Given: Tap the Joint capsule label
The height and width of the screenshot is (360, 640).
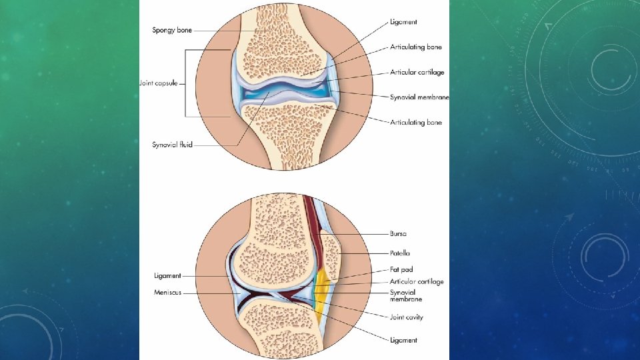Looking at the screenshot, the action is [x=159, y=83].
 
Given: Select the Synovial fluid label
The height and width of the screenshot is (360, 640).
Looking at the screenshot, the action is [x=173, y=145].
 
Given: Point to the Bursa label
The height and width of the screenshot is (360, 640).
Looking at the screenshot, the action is [x=399, y=234].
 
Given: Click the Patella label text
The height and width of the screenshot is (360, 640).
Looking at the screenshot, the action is [x=400, y=253].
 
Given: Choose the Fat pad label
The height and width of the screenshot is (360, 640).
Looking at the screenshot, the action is [x=401, y=270].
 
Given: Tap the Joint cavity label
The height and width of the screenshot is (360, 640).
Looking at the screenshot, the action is [x=406, y=317].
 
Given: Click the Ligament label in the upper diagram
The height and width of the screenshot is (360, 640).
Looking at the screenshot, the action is [x=403, y=22].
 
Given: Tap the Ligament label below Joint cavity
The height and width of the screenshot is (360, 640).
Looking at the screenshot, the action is [x=403, y=340].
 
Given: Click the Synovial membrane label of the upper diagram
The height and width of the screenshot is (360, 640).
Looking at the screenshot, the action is [x=419, y=97].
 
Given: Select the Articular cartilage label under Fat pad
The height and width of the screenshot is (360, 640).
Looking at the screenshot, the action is [x=417, y=282].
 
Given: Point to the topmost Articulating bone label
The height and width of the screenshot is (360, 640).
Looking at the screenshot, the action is [x=416, y=47].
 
